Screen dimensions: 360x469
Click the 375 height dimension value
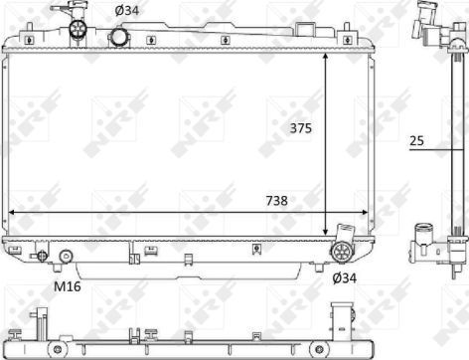pyautogui.click(x=301, y=126)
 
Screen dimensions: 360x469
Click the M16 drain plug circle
pyautogui.click(x=66, y=257)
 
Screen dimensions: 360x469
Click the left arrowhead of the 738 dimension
pyautogui.click(x=12, y=212)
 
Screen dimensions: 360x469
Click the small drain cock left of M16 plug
pyautogui.click(x=42, y=256)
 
